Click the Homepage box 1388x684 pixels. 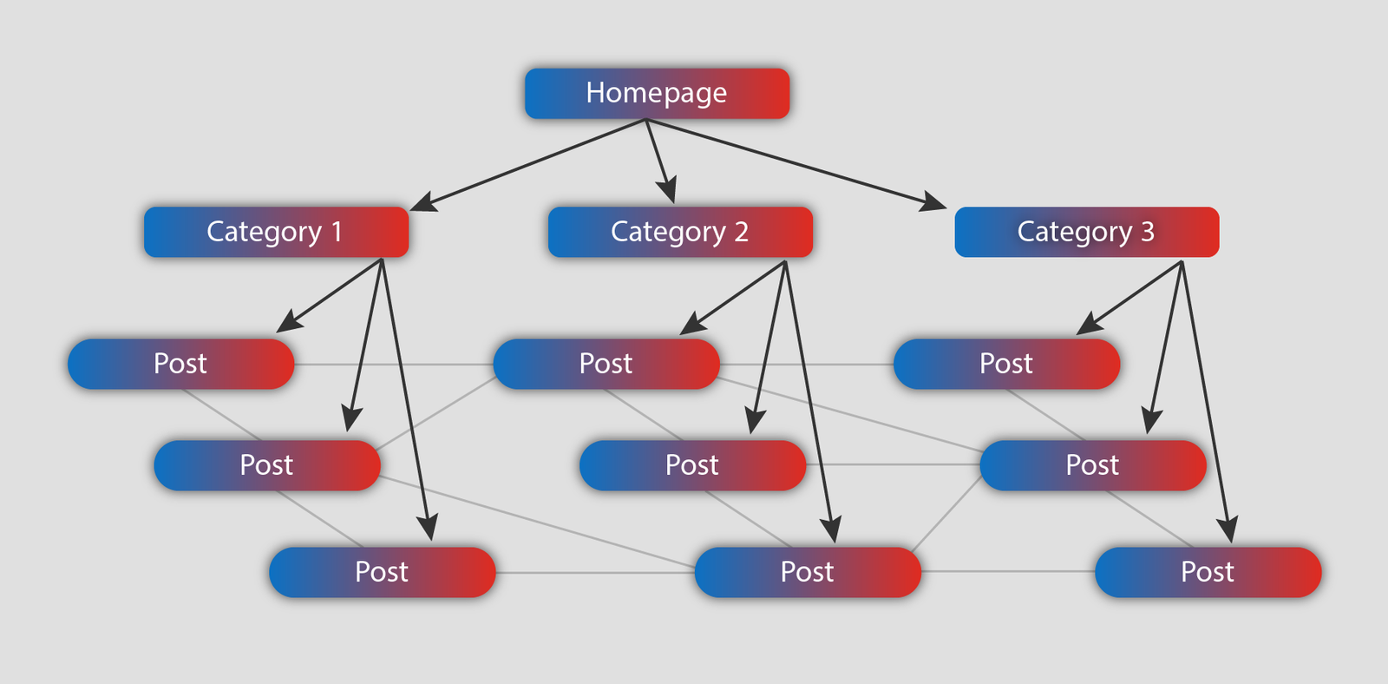pos(657,94)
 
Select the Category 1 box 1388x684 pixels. pos(276,232)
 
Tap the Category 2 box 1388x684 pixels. pos(680,232)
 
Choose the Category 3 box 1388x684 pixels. pos(1086,232)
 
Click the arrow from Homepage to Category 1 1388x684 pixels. pos(529,164)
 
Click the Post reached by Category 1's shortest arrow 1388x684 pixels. pos(180,364)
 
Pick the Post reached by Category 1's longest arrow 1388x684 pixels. pos(382,572)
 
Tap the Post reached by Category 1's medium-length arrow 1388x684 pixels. pos(266,465)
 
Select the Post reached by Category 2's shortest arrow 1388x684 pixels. pos(606,364)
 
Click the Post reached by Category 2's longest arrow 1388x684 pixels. pos(807,572)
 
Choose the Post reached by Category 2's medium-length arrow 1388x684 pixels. pos(692,465)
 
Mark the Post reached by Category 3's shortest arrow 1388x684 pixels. pos(1006,364)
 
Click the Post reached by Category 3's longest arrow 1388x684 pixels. pos(1208,572)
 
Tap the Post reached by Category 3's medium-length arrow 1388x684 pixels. pos(1092,465)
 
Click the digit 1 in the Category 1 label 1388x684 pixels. pos(337,232)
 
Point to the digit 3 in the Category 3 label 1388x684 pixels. pos(1147,232)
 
